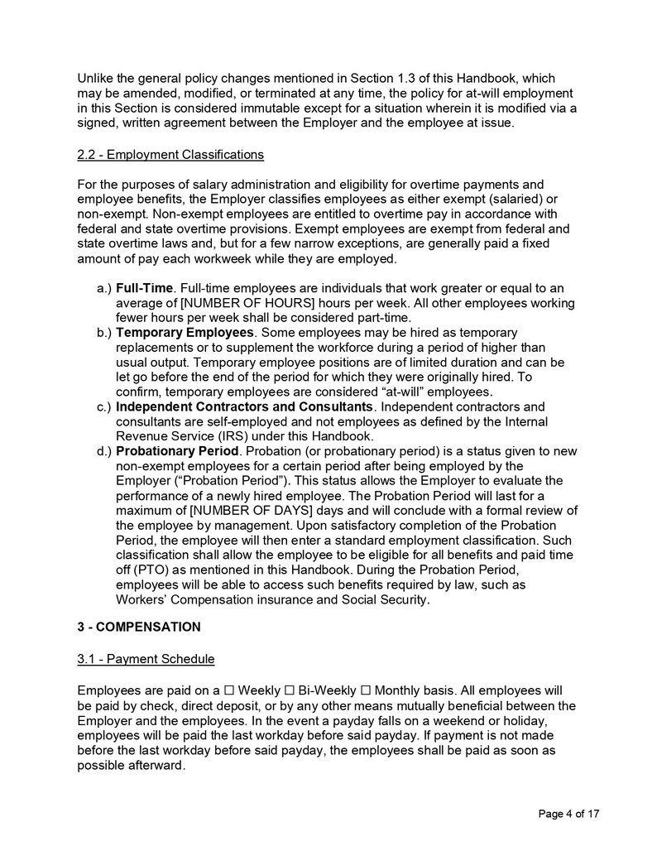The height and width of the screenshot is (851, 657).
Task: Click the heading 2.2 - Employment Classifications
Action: (170, 155)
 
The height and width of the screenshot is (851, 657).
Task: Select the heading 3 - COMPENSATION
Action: (138, 627)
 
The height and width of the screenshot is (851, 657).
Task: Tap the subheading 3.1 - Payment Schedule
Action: (146, 659)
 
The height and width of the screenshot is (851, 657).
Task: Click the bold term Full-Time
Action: (144, 288)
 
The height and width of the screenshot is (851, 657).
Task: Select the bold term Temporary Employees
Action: (185, 332)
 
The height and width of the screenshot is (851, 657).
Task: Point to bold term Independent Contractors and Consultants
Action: (244, 406)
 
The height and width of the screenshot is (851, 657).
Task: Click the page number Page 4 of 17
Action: (568, 814)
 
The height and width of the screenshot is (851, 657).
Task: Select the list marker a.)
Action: (103, 288)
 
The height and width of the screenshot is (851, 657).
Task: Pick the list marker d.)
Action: (103, 451)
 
